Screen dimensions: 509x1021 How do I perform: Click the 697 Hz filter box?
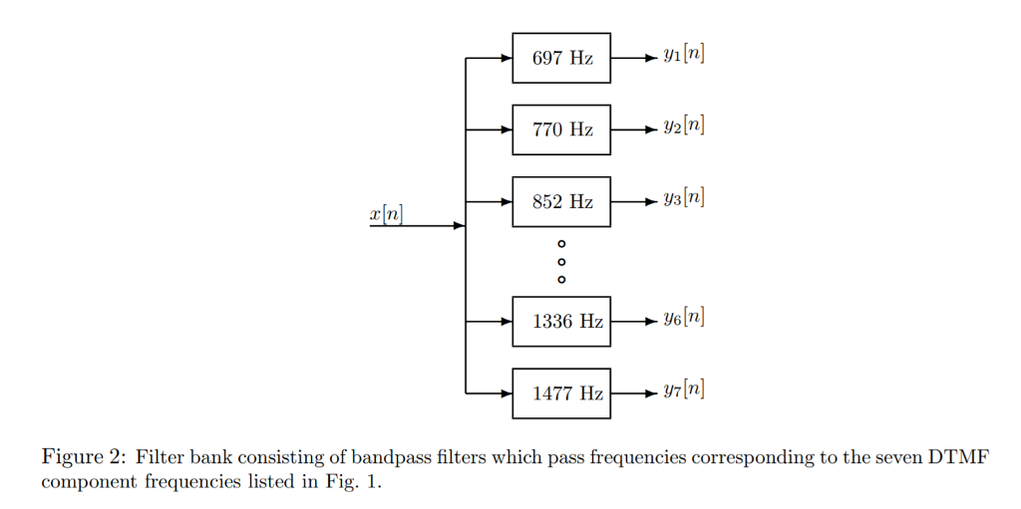click(561, 58)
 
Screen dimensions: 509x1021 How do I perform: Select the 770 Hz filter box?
click(561, 129)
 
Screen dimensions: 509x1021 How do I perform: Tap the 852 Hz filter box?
click(561, 201)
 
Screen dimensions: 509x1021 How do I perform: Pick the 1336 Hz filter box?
click(561, 322)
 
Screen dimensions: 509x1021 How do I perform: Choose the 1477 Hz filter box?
click(561, 393)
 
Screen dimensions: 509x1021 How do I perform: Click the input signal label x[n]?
click(386, 213)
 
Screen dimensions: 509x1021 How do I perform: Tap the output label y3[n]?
click(683, 197)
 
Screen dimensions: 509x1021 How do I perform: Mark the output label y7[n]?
click(683, 389)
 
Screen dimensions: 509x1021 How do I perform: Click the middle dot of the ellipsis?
click(561, 261)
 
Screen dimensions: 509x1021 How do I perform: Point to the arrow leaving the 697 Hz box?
click(633, 58)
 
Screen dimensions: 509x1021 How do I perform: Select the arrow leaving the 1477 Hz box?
click(633, 393)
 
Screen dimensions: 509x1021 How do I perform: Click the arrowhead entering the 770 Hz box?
click(506, 129)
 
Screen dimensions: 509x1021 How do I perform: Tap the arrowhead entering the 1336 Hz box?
click(506, 322)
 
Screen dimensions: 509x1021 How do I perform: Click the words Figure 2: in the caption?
click(83, 458)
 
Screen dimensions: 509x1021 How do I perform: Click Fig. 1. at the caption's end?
click(355, 481)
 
